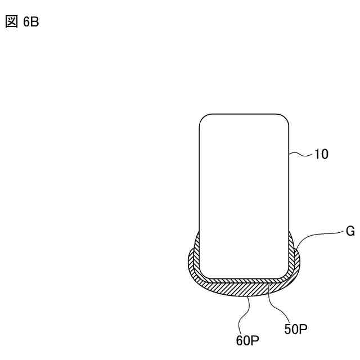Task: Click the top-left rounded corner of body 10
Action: click(204, 119)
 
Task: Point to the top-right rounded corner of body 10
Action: click(285, 119)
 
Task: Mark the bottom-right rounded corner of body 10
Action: click(285, 274)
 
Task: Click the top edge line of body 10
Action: click(244, 115)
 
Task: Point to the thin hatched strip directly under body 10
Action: click(244, 280)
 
